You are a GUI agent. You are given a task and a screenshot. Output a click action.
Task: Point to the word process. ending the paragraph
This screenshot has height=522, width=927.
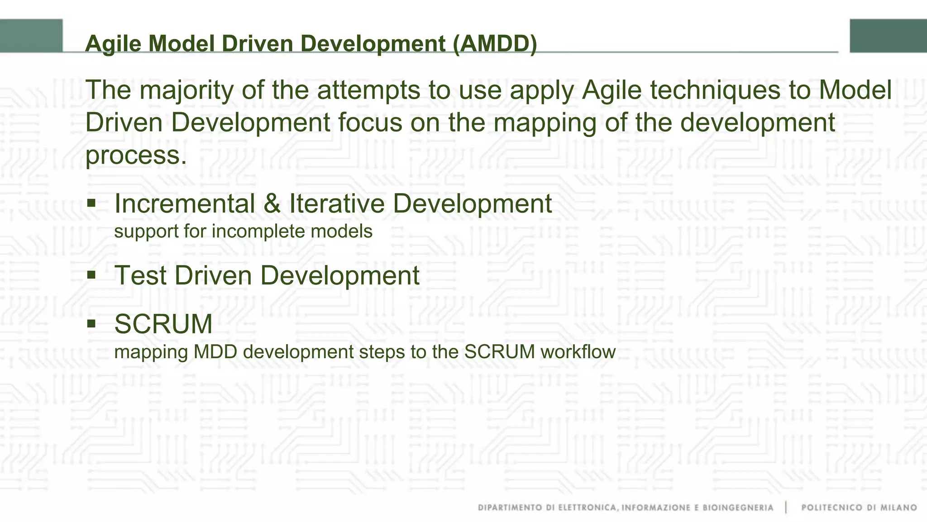coord(136,155)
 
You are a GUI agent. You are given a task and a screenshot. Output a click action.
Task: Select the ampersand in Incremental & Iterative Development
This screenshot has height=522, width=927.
coord(272,204)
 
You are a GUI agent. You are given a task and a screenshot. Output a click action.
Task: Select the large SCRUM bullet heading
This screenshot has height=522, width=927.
coord(163,324)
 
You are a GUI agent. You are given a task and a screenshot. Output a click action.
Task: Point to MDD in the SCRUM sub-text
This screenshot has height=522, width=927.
coord(215,352)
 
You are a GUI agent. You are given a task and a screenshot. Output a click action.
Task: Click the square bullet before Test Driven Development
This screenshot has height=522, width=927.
coord(91,274)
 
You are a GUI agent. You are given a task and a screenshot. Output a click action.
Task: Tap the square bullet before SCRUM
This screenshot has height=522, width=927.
coord(91,323)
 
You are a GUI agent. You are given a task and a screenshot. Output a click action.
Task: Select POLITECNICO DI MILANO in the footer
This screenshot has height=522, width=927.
coord(859,508)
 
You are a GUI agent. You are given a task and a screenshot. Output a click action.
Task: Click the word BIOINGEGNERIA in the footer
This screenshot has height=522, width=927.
coord(738,508)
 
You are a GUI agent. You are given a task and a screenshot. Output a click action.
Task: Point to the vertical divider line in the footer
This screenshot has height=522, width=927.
coord(787,508)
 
